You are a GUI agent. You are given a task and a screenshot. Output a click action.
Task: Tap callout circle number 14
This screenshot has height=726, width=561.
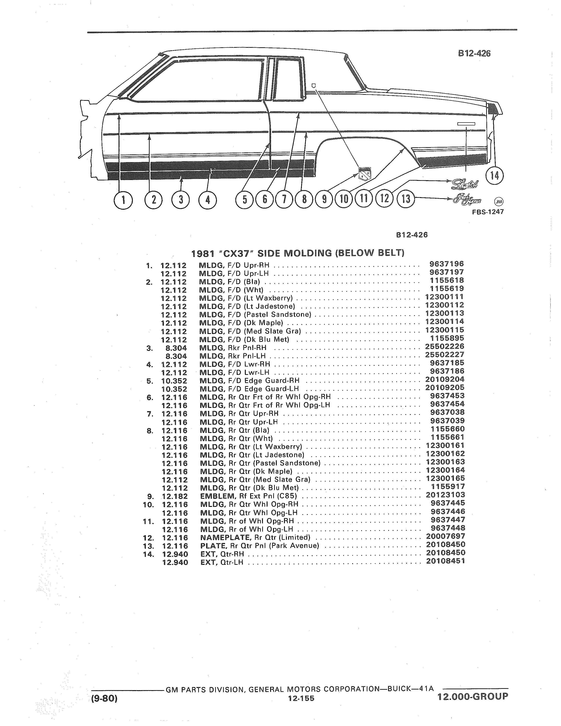pos(495,176)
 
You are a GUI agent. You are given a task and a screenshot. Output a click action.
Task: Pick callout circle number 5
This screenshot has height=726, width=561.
pos(245,200)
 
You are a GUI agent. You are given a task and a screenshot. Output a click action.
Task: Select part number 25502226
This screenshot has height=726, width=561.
pos(444,346)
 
